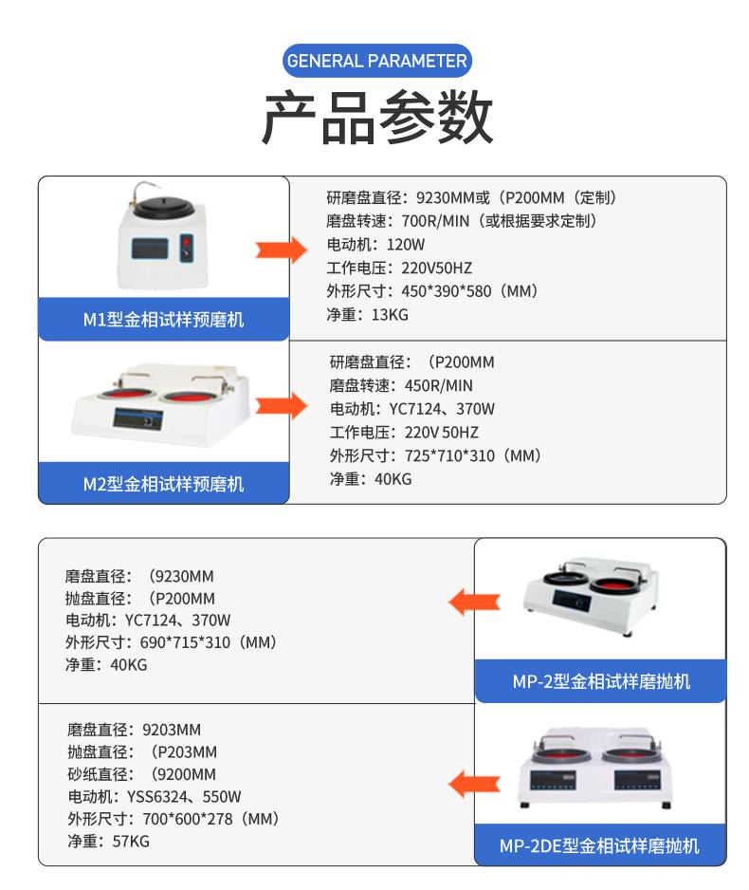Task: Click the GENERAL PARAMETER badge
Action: [376, 62]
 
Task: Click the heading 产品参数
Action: [376, 118]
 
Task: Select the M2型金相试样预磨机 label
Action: [163, 484]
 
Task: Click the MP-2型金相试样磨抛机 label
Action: [601, 681]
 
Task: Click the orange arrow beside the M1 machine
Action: [280, 250]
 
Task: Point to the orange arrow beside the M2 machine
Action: [280, 406]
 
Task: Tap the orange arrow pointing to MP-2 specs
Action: [474, 600]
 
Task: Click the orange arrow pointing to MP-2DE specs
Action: [474, 784]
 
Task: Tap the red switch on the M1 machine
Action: [186, 250]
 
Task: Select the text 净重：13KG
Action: [368, 314]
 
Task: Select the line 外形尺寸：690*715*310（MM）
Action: [172, 642]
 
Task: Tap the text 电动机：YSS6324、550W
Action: [155, 796]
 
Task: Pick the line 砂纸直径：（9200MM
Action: [142, 774]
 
